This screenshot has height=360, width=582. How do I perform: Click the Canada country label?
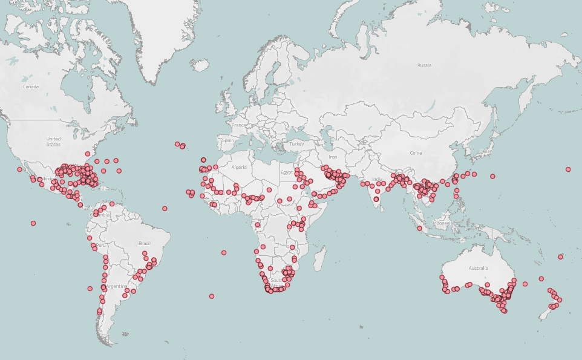[x=30, y=87]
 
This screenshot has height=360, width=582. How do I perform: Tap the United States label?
[x=53, y=142]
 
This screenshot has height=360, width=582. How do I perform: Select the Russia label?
[x=424, y=65]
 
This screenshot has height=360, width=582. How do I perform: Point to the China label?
[x=416, y=153]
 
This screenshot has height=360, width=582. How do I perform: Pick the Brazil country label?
[x=144, y=243]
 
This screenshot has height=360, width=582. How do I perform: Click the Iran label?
[x=333, y=156]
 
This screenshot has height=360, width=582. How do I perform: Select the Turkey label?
[x=296, y=144]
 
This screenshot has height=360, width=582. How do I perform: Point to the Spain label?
[x=227, y=140]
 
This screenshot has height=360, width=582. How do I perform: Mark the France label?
[x=240, y=125]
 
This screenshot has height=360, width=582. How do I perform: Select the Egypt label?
[x=286, y=172]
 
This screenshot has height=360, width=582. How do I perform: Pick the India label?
[x=377, y=179]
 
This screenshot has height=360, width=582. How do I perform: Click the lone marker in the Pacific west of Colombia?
[x=33, y=223]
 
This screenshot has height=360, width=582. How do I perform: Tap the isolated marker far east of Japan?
[x=568, y=169]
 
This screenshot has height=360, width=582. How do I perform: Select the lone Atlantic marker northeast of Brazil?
[x=165, y=209]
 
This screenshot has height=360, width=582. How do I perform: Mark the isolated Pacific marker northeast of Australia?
[x=560, y=257]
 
